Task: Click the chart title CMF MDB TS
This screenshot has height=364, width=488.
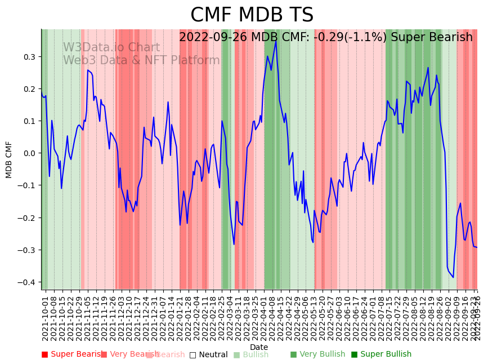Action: [x=252, y=15]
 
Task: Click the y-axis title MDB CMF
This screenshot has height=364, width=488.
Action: [x=9, y=159]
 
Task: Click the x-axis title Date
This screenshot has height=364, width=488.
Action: [x=259, y=347]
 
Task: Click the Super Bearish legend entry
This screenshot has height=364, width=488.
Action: [x=73, y=354]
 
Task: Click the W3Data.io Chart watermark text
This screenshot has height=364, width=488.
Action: [x=111, y=48]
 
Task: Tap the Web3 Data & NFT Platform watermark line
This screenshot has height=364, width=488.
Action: [x=141, y=60]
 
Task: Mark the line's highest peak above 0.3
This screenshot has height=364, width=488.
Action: [x=275, y=41]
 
